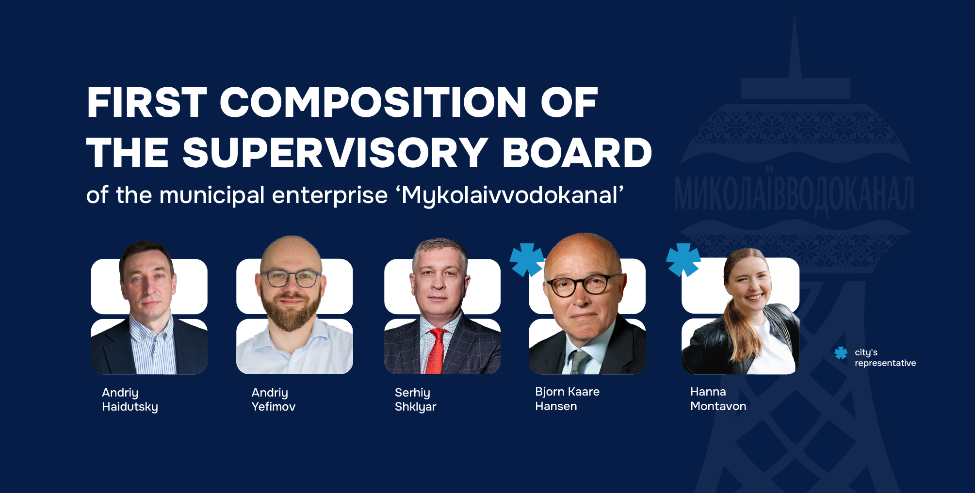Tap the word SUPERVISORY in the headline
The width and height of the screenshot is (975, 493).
335,153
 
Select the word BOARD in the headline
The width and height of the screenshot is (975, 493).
577,153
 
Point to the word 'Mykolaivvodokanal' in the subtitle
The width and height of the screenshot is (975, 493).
510,195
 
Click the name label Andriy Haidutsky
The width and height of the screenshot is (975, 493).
130,400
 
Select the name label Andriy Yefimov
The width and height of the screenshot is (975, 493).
274,400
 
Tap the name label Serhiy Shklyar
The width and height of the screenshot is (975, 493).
416,400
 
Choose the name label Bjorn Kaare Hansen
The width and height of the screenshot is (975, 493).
567,399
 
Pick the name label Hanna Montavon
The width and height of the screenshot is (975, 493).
718,399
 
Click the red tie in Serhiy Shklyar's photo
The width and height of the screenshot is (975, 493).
437,351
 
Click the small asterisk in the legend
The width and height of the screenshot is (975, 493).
841,353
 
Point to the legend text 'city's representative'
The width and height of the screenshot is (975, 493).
885,358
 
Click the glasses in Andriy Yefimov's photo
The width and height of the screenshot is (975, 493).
291,279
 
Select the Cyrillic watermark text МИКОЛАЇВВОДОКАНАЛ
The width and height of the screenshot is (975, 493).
795,194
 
